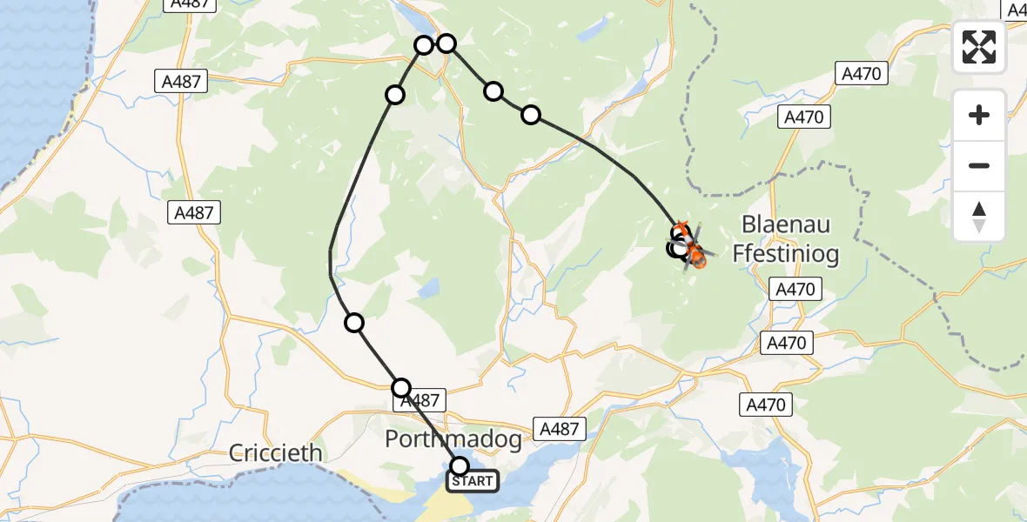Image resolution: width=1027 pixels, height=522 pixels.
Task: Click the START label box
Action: (473, 481)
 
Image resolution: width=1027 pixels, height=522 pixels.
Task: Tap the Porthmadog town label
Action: (453, 440)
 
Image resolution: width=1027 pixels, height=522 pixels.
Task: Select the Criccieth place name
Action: (276, 453)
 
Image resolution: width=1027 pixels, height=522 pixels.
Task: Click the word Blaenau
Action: (786, 224)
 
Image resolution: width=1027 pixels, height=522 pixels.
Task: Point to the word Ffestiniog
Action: (786, 254)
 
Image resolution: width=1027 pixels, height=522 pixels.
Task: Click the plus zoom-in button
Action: (979, 116)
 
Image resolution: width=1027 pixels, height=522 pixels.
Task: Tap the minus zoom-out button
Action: (979, 165)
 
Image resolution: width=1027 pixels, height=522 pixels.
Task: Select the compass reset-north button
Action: (979, 216)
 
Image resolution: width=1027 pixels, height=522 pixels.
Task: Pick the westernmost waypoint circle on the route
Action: (354, 323)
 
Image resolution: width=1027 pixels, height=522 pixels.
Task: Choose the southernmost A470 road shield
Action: (766, 405)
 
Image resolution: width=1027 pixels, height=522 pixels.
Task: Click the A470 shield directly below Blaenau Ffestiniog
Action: (795, 289)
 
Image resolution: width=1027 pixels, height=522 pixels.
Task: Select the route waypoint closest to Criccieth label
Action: (354, 323)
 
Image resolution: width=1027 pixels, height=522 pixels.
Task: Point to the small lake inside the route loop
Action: (427, 290)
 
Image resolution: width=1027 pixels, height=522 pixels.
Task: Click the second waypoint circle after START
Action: (354, 323)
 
